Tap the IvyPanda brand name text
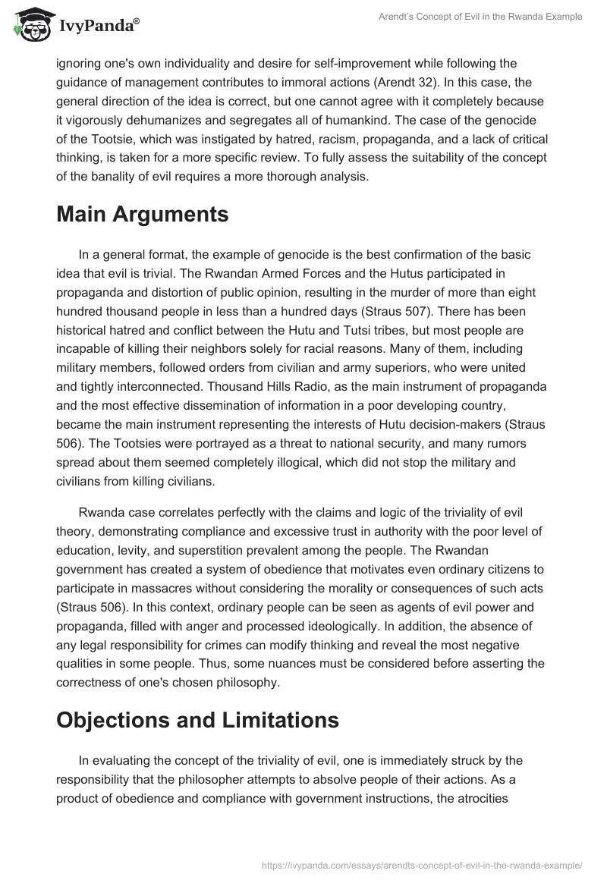pos(97,25)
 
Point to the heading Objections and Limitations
pos(197,720)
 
